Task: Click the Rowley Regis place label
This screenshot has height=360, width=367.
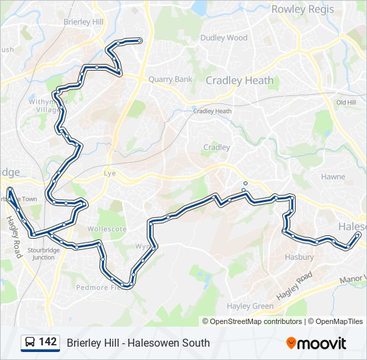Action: click(x=307, y=9)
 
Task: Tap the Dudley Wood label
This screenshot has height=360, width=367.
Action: click(x=224, y=38)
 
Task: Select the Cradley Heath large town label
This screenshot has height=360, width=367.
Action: click(x=240, y=81)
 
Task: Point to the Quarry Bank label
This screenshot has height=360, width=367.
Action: click(x=170, y=79)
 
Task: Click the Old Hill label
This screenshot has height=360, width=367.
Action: click(x=346, y=102)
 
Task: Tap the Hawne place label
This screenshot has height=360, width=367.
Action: click(x=333, y=177)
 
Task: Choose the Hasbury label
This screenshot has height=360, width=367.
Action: click(x=299, y=257)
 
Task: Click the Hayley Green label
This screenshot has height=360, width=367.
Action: click(x=250, y=306)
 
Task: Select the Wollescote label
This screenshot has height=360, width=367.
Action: click(x=107, y=229)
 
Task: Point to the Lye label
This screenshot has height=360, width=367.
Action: click(x=110, y=173)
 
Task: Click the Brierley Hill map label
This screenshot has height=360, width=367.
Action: click(x=83, y=22)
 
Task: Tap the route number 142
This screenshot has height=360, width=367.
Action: click(x=48, y=342)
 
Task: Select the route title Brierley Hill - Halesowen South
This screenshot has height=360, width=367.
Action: click(x=138, y=343)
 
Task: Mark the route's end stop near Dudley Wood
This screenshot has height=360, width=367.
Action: click(x=139, y=41)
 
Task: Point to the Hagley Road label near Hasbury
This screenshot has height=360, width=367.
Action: click(x=295, y=285)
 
